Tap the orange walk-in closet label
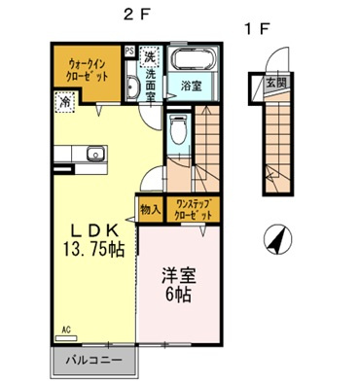82,69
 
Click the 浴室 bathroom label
190,87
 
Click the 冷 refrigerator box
63,100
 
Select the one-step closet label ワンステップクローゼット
193,207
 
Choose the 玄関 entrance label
277,84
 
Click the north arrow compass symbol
277,238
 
